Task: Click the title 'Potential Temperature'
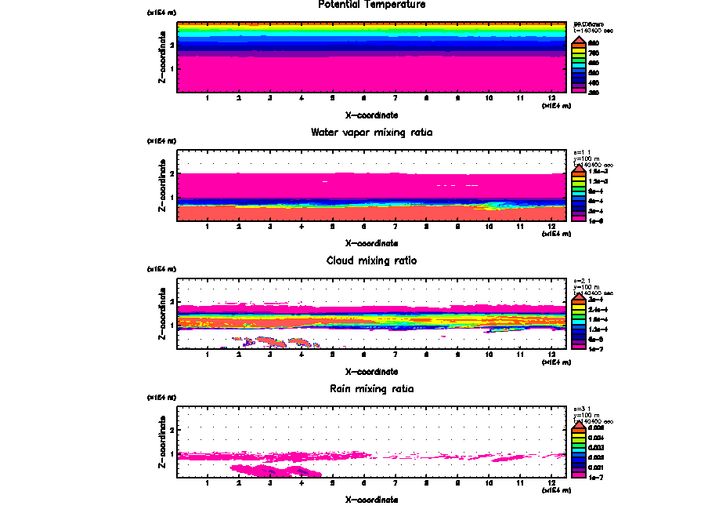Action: pos(372,5)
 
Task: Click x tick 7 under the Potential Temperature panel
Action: pos(395,99)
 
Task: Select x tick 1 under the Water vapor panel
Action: pos(207,227)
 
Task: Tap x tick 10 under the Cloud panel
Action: pos(489,355)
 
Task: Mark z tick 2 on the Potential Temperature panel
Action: pos(172,45)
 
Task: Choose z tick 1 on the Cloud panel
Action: pos(172,325)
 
